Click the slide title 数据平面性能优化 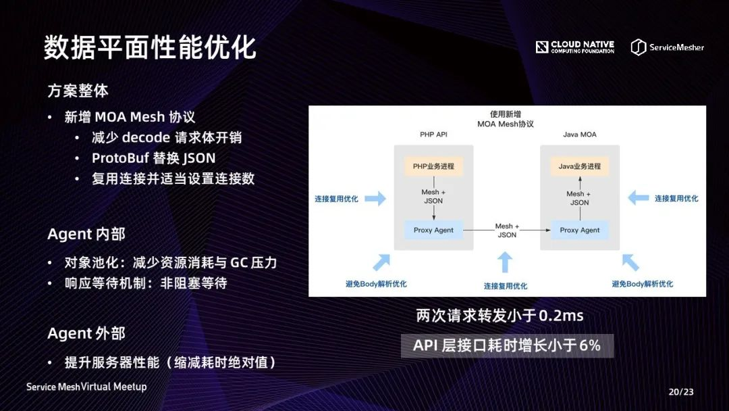pyautogui.click(x=150, y=47)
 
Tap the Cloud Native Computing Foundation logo pyautogui.click(x=575, y=47)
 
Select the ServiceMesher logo pyautogui.click(x=668, y=47)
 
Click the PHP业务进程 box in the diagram pyautogui.click(x=433, y=166)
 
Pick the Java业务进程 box pyautogui.click(x=579, y=166)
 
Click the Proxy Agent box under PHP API pyautogui.click(x=433, y=230)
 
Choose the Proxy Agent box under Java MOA pyautogui.click(x=579, y=230)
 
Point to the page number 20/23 pyautogui.click(x=681, y=391)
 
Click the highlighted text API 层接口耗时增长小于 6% pyautogui.click(x=507, y=345)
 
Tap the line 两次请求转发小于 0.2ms pyautogui.click(x=500, y=316)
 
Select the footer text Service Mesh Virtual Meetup pyautogui.click(x=86, y=387)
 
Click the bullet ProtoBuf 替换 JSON pyautogui.click(x=153, y=158)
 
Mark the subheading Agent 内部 pyautogui.click(x=86, y=234)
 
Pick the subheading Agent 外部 pyautogui.click(x=86, y=333)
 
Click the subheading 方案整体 pyautogui.click(x=78, y=90)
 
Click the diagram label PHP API pyautogui.click(x=433, y=135)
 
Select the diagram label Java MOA pyautogui.click(x=579, y=135)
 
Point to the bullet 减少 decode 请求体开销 pyautogui.click(x=167, y=137)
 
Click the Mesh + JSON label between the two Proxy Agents pyautogui.click(x=507, y=231)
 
